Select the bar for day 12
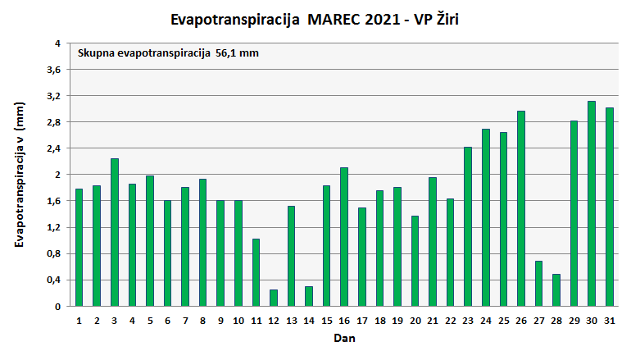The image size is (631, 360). point(274,298)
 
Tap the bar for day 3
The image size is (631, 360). point(115,232)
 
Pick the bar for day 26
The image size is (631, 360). point(521,208)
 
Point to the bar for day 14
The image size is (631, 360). point(309,296)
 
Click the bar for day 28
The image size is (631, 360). point(556,289)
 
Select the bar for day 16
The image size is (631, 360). point(344,236)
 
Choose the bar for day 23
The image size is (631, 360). point(468,226)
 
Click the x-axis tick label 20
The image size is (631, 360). point(415,320)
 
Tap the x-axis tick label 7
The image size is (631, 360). point(185,320)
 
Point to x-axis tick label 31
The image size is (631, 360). point(609,320)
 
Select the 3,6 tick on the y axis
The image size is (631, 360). point(54,70)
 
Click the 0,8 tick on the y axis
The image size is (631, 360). point(54,253)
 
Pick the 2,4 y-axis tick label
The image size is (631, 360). point(54,148)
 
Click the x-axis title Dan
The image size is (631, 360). point(343,338)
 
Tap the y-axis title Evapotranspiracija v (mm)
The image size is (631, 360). point(20,175)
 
